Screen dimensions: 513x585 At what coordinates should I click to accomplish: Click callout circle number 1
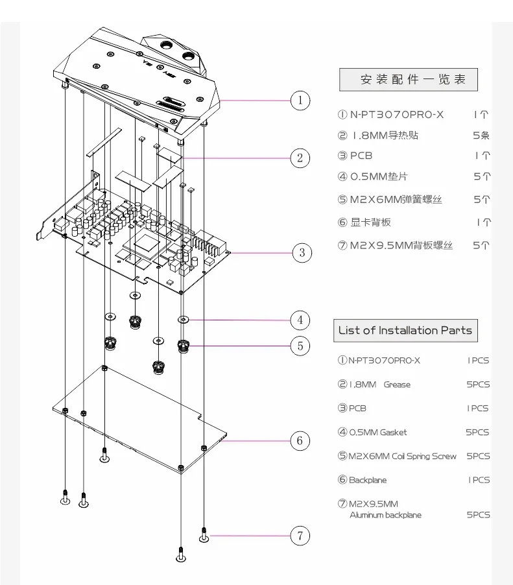(x=300, y=101)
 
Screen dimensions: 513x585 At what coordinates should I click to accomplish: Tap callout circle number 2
(x=300, y=158)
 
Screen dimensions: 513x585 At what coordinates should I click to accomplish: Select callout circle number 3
(x=302, y=253)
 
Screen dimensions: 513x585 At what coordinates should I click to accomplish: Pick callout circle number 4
(x=300, y=320)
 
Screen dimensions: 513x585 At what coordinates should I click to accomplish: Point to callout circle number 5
(x=300, y=346)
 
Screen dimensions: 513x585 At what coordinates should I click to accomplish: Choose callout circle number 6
(x=300, y=440)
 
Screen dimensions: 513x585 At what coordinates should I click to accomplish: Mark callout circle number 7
(x=300, y=536)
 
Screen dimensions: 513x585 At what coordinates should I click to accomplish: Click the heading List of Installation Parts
(x=405, y=331)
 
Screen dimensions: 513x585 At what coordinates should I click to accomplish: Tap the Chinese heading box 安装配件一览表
(x=408, y=80)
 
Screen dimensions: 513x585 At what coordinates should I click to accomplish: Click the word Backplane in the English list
(x=368, y=480)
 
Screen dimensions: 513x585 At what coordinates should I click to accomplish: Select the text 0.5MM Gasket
(x=378, y=433)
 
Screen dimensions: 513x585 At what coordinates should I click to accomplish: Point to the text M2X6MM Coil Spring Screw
(x=402, y=457)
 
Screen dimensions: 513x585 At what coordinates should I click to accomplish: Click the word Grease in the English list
(x=397, y=385)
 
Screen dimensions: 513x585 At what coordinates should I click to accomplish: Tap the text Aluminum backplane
(x=385, y=515)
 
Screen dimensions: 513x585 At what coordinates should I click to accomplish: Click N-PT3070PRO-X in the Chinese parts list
(x=397, y=115)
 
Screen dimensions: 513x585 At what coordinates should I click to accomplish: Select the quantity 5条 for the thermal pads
(x=481, y=135)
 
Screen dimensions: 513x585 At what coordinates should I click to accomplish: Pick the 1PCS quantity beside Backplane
(x=479, y=480)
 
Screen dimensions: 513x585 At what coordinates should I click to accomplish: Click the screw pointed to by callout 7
(x=204, y=535)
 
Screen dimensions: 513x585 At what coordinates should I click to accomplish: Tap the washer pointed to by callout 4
(x=183, y=320)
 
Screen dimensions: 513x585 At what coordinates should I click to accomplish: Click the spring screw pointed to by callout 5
(x=183, y=346)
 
